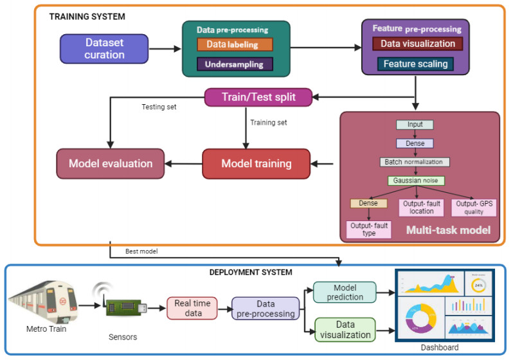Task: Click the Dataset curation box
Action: point(104,48)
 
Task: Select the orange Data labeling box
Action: point(235,44)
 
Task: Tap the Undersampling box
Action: point(235,64)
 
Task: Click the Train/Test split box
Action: point(258,97)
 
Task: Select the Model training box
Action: point(256,163)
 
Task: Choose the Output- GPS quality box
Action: point(474,207)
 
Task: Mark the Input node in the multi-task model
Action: point(415,125)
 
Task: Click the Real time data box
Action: point(192,309)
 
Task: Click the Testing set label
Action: point(159,107)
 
